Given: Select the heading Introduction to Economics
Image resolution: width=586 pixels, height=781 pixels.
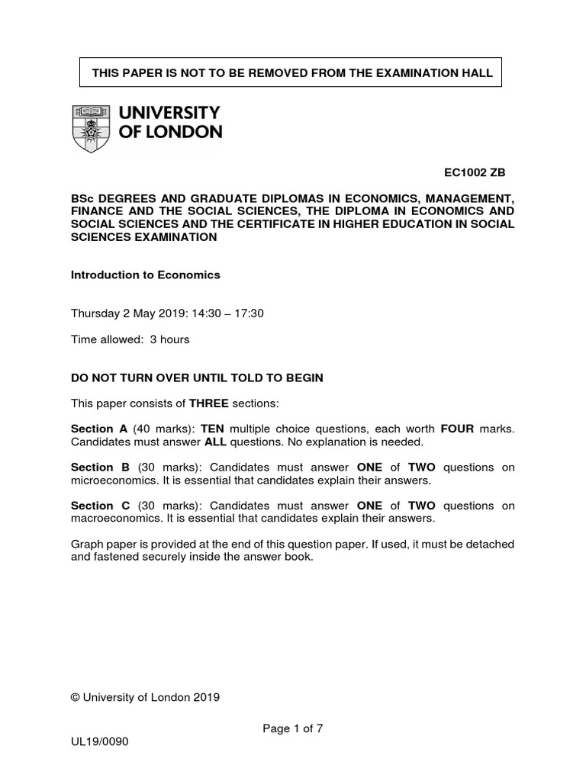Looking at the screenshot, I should click(x=145, y=275).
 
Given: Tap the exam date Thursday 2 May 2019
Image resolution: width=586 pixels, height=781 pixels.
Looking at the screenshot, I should click(x=131, y=313).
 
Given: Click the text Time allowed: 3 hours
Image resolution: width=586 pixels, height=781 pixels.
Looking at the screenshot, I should click(x=130, y=339).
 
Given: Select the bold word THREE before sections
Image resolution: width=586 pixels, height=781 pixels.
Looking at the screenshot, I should click(x=209, y=403).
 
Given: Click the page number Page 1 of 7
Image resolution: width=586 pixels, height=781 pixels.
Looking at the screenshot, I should click(x=293, y=728).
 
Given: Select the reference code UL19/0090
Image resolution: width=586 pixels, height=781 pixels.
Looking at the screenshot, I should click(x=100, y=741).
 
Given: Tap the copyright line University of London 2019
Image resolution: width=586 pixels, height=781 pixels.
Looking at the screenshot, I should click(x=145, y=696).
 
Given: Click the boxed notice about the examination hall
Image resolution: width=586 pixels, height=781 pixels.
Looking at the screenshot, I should click(x=292, y=73).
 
